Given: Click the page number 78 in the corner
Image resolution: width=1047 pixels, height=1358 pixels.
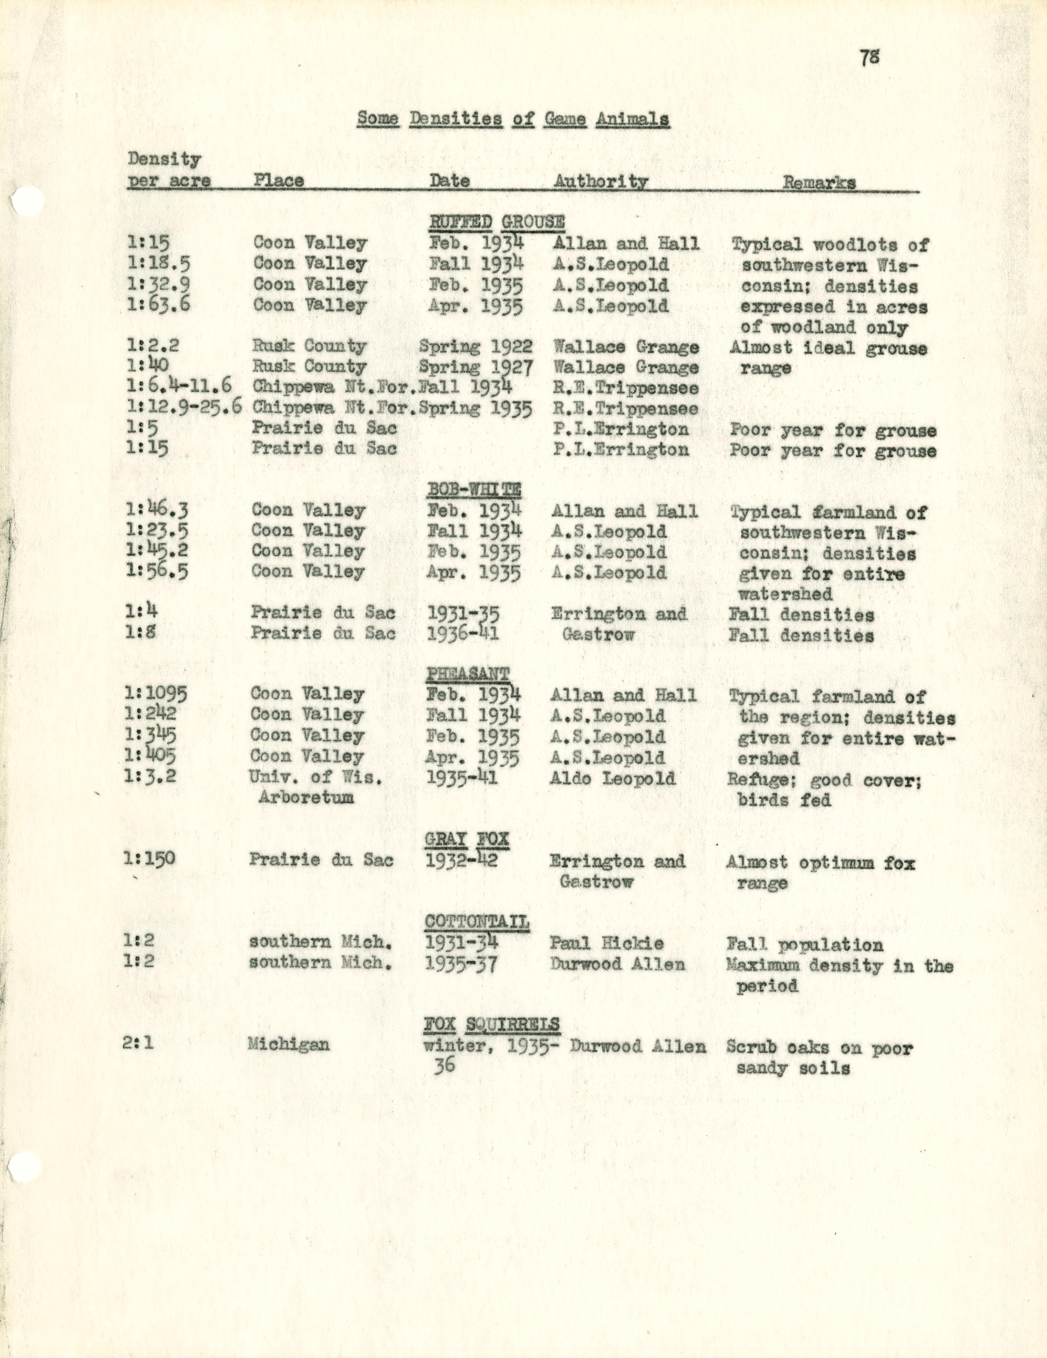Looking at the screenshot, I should coord(870,57).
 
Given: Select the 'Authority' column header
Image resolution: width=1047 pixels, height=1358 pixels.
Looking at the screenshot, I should coord(600,181).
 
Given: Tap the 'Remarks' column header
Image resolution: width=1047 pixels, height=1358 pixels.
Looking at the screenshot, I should coord(819,182).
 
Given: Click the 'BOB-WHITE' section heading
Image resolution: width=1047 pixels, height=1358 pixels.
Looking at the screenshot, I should coord(474,490).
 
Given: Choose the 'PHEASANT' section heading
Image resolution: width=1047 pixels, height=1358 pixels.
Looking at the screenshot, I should coord(468,673).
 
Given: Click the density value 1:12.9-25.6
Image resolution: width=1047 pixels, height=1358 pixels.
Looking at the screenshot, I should coord(185,407).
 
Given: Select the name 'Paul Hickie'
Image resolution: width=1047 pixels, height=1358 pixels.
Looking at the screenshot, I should coord(607,943).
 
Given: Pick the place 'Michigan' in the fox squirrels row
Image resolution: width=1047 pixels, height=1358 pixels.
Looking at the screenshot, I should coord(288,1044).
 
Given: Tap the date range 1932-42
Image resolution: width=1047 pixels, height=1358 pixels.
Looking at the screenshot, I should coord(461,860).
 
